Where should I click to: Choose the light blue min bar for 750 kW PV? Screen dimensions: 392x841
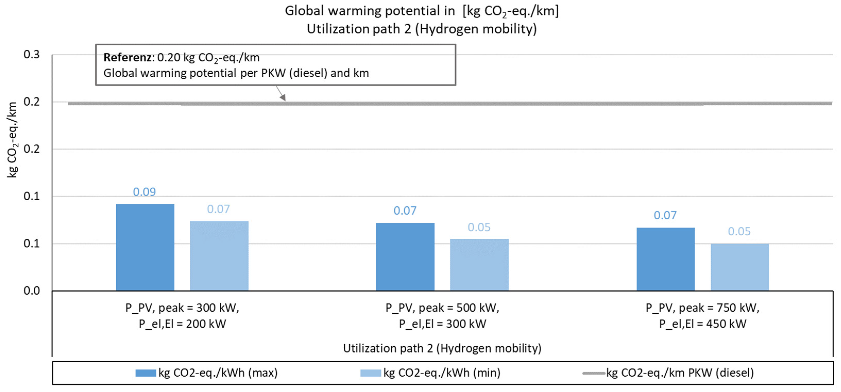click(x=740, y=267)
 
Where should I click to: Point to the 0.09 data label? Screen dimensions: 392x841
click(x=144, y=192)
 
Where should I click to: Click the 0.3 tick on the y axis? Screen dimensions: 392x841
click(x=32, y=55)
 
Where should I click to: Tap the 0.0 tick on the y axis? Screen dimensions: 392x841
click(x=32, y=291)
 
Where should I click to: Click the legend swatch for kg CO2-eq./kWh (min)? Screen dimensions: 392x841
click(x=370, y=373)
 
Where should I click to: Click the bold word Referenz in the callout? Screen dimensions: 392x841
click(x=127, y=57)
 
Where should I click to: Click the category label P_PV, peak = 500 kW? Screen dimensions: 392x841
click(x=442, y=308)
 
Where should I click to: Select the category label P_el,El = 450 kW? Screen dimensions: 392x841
click(x=702, y=324)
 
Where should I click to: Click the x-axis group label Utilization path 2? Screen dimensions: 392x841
click(x=388, y=348)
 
